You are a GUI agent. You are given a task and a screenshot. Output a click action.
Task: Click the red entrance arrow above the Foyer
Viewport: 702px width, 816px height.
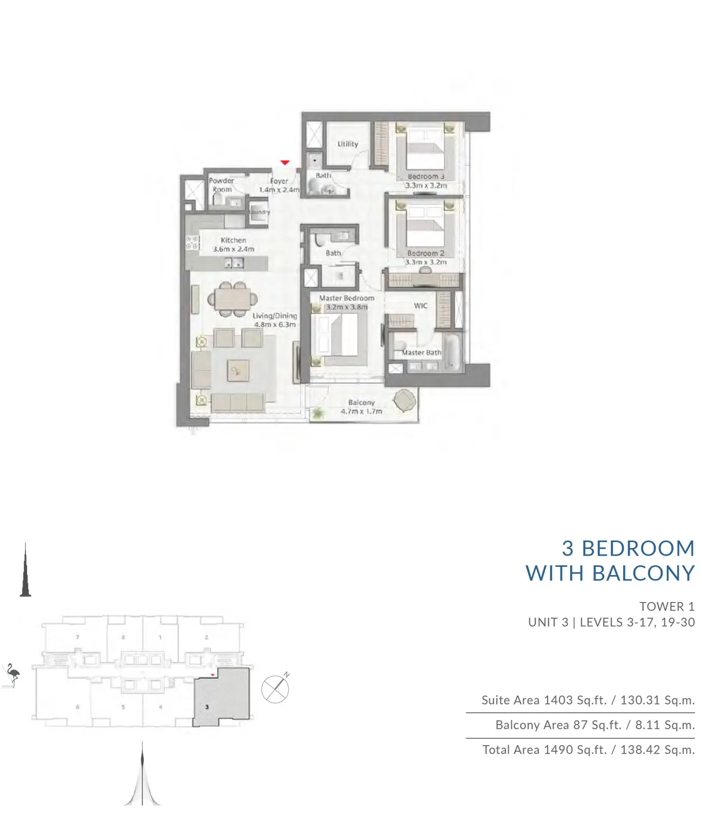pyautogui.click(x=285, y=162)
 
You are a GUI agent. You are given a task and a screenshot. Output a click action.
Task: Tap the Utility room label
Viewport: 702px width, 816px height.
pyautogui.click(x=348, y=144)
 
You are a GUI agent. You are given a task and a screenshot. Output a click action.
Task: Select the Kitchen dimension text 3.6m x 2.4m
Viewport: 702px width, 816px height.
pyautogui.click(x=233, y=249)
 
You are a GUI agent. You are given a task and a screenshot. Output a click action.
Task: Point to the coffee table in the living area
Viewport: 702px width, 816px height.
pyautogui.click(x=238, y=371)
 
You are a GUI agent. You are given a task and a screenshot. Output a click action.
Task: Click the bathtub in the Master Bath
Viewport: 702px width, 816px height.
pyautogui.click(x=451, y=352)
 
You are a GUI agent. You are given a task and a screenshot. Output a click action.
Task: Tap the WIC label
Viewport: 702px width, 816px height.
pyautogui.click(x=421, y=306)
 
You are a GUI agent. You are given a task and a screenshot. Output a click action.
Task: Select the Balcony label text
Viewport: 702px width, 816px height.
pyautogui.click(x=361, y=403)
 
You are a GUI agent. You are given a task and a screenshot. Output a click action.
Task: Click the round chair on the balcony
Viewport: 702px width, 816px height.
pyautogui.click(x=404, y=401)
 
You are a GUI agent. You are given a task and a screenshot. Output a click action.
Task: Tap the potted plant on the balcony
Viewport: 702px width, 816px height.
pyautogui.click(x=318, y=413)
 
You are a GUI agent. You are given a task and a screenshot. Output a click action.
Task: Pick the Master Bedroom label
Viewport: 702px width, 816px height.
pyautogui.click(x=346, y=298)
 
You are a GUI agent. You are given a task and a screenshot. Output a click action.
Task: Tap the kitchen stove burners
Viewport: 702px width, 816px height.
pyautogui.click(x=192, y=243)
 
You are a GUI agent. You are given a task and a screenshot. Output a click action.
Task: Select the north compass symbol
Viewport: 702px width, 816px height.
pyautogui.click(x=275, y=689)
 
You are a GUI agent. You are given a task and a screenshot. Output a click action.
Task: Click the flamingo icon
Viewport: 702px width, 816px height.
pyautogui.click(x=12, y=675)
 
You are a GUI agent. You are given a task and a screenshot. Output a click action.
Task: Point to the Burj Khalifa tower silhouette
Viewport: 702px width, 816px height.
pyautogui.click(x=25, y=573)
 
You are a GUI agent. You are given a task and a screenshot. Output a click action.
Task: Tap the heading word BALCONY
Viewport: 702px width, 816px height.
pyautogui.click(x=643, y=573)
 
